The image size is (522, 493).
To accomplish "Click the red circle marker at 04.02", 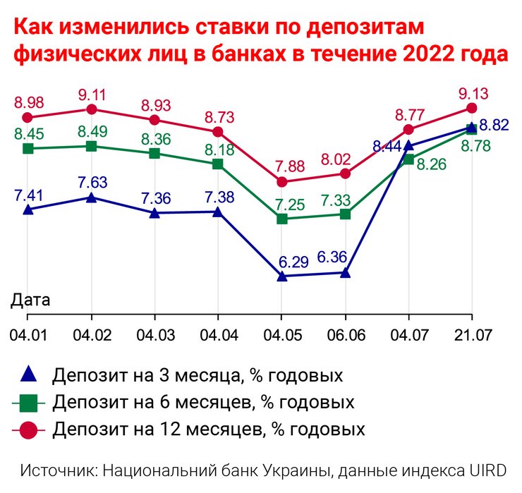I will pos(91,109).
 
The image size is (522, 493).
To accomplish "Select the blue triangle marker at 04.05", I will pos(281,276).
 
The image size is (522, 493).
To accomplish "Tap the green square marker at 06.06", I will pos(345,214).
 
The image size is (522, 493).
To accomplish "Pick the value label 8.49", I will pos(92,132).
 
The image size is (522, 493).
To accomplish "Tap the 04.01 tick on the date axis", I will pos(28,331).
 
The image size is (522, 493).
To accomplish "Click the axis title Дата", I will pos(30,300).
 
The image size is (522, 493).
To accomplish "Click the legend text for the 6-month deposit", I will pos(203,403).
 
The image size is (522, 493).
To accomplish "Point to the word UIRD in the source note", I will pos(487,471).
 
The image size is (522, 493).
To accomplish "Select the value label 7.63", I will pos(92,183).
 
